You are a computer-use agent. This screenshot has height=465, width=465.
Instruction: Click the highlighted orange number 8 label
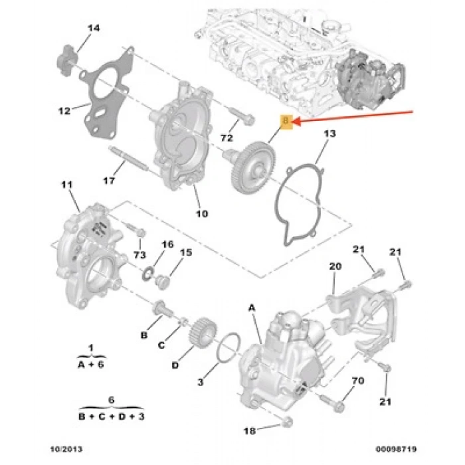pyautogui.click(x=286, y=122)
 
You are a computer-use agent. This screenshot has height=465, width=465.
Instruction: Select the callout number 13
pyautogui.click(x=330, y=135)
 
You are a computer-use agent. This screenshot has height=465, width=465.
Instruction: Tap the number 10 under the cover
pyautogui.click(x=202, y=213)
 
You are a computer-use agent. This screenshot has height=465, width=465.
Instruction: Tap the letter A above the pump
pyautogui.click(x=252, y=308)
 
